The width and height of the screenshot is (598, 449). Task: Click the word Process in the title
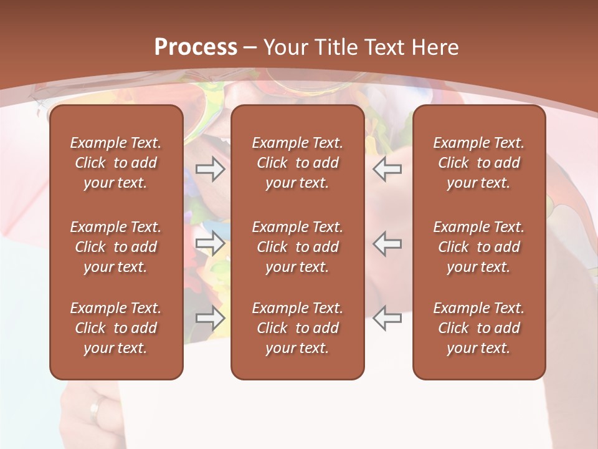click(x=196, y=47)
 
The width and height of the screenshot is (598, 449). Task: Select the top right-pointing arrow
click(x=210, y=169)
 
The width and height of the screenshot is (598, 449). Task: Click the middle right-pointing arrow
click(x=210, y=243)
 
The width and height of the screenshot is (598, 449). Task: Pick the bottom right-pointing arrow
click(x=210, y=318)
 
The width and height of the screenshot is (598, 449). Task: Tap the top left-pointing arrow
click(x=387, y=169)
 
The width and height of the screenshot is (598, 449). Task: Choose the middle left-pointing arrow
click(x=387, y=243)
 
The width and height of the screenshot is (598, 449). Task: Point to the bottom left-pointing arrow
click(x=387, y=318)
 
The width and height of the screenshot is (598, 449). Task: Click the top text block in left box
click(x=116, y=163)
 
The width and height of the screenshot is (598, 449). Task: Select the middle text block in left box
click(x=116, y=247)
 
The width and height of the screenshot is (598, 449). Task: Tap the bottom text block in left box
click(x=116, y=328)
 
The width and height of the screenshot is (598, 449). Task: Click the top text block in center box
click(x=298, y=163)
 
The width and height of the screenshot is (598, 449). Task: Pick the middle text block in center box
click(x=298, y=247)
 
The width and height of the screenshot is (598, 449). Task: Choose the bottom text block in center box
click(x=298, y=328)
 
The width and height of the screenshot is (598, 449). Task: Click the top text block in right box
click(x=479, y=163)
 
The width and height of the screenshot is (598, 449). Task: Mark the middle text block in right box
click(x=479, y=247)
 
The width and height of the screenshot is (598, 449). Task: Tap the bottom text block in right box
click(x=479, y=328)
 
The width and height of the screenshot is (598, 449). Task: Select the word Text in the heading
click(x=383, y=47)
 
